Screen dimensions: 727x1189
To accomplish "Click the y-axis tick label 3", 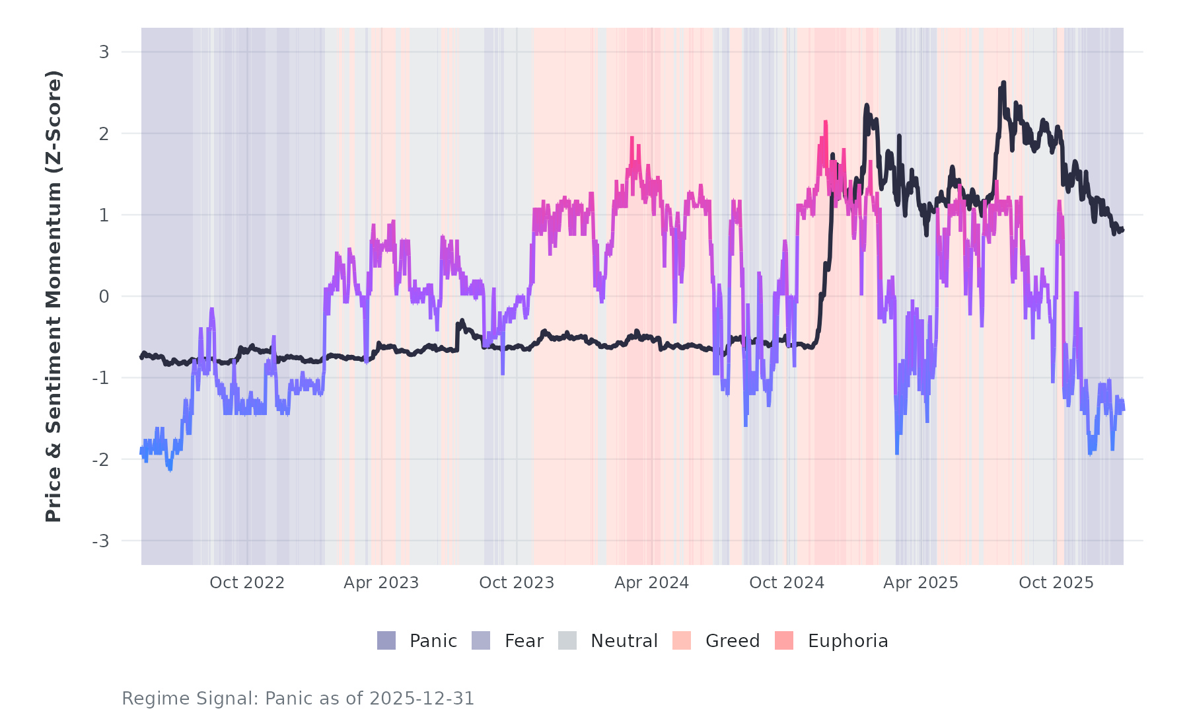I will click(104, 52).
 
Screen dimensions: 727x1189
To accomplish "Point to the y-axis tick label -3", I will click(100, 541).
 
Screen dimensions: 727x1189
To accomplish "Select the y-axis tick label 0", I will click(104, 297).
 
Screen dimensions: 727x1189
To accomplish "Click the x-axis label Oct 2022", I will click(247, 583).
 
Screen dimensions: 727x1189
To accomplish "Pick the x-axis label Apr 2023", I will click(381, 583).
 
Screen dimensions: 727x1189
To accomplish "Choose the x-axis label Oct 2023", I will click(517, 583).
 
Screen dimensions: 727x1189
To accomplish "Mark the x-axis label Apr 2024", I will click(651, 583).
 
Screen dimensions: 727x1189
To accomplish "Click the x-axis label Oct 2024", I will click(787, 583).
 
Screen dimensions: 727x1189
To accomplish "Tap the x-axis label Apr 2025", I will click(921, 583).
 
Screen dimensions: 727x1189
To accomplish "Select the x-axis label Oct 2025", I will click(1056, 583).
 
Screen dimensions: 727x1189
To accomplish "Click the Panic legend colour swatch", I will click(386, 640).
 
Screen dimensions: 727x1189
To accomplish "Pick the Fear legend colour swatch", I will click(481, 640).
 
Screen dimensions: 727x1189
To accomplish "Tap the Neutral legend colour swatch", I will click(567, 640).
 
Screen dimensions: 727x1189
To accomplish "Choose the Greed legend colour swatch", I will click(682, 640).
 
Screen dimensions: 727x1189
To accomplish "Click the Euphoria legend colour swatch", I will click(784, 640).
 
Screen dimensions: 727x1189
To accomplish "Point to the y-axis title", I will click(53, 296).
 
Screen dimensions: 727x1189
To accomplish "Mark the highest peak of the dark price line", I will click(1003, 83).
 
